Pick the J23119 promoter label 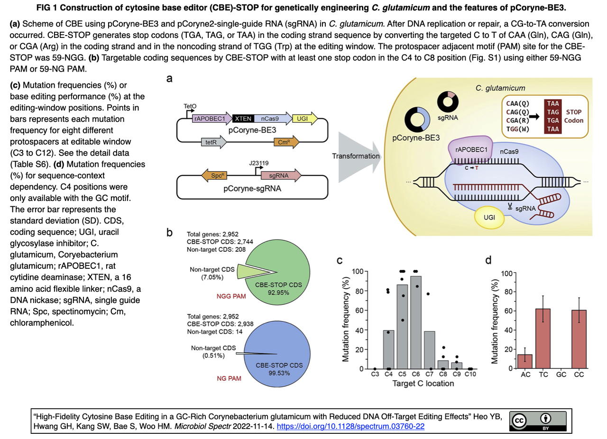(258, 163)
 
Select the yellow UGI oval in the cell (488, 217)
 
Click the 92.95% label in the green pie (279, 293)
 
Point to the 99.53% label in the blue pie (279, 373)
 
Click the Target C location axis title (423, 384)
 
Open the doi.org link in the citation (350, 426)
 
